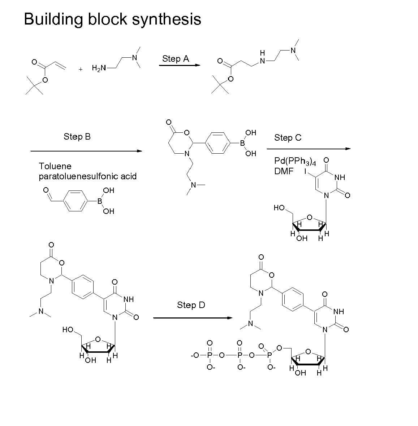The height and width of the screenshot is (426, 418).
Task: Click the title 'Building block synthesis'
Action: (x=112, y=19)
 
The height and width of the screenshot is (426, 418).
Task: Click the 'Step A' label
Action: (x=176, y=59)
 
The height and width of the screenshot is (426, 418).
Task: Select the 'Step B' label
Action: (x=77, y=137)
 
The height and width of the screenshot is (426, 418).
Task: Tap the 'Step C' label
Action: (x=288, y=138)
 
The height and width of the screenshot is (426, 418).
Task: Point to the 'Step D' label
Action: (x=191, y=305)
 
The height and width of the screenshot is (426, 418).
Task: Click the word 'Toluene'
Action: (x=55, y=166)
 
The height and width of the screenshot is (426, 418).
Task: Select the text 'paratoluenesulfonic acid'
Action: (x=88, y=176)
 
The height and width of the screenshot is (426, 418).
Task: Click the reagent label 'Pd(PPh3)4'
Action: (x=295, y=161)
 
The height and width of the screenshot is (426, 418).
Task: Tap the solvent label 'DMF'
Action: (x=284, y=171)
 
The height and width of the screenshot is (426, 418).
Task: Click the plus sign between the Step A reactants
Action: (x=81, y=69)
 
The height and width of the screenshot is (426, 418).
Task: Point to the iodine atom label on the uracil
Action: (x=305, y=172)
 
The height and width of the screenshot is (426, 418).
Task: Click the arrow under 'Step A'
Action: (x=180, y=65)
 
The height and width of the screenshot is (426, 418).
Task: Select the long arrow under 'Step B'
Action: (x=86, y=151)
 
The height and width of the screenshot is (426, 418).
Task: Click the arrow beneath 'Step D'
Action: (x=192, y=318)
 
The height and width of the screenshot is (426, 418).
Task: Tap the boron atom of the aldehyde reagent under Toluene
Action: (x=99, y=201)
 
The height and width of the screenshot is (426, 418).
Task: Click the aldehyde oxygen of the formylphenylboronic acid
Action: (x=46, y=190)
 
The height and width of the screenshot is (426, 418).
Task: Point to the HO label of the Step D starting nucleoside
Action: (x=68, y=330)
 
